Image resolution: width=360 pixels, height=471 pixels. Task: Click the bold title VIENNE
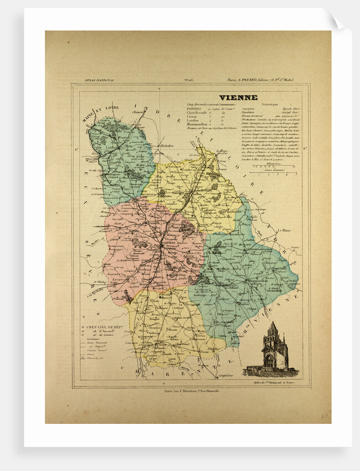pyautogui.click(x=239, y=98)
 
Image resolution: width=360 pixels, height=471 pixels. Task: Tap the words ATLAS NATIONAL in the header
pyautogui.click(x=99, y=80)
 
